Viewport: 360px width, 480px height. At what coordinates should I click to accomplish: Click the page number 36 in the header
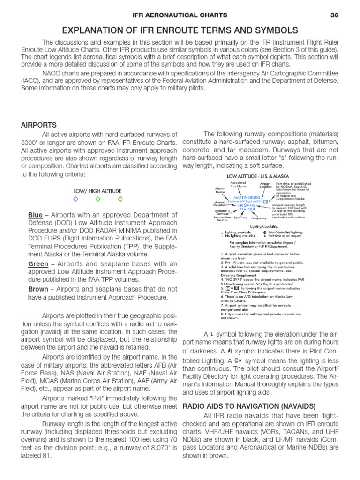334,15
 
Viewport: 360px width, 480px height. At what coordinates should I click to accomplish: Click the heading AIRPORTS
39,125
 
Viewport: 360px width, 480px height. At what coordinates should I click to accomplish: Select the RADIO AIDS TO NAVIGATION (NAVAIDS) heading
249,405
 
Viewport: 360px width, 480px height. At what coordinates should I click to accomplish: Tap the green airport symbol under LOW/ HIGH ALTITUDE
97,199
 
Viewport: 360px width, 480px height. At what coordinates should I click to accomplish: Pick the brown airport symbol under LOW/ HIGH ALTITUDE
120,199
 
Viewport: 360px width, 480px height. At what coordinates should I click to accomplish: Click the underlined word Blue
35,215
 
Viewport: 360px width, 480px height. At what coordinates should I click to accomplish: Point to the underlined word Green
38,264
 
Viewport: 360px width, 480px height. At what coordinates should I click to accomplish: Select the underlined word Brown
38,289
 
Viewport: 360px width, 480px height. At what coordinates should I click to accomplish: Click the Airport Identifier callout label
265,186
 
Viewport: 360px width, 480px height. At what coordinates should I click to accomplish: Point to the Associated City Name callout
238,184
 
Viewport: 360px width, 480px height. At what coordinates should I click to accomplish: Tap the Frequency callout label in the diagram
258,218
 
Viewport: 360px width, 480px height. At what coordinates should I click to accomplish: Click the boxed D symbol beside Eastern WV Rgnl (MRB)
266,202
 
